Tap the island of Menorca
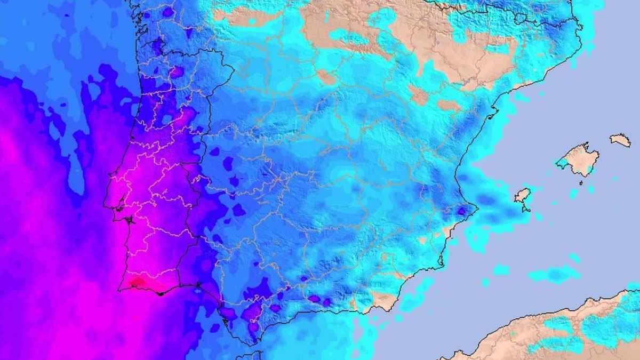620,140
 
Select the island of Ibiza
523,195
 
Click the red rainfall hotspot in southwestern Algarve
137,282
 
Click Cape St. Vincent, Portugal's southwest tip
119,290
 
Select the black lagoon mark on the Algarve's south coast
160,293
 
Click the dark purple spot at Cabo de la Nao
462,211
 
